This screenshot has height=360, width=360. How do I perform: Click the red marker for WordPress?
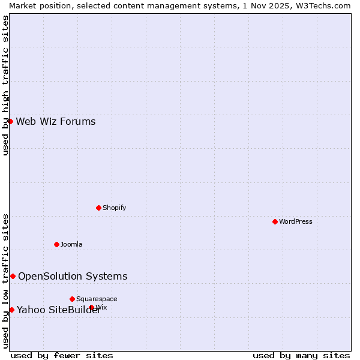coord(275,221)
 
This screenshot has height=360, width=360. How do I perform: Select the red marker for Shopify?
coord(98,208)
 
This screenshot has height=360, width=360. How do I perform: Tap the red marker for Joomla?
coord(56,244)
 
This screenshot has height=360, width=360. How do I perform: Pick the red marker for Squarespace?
coord(72,299)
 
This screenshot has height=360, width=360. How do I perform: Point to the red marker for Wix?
coord(92,307)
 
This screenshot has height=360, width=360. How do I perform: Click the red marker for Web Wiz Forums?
coord(10,121)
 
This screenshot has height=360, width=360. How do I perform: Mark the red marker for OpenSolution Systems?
coord(13,276)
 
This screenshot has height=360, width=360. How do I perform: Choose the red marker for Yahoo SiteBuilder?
coord(11,310)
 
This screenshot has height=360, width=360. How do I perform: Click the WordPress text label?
coord(296,221)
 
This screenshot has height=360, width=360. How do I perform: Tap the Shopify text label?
coord(114,208)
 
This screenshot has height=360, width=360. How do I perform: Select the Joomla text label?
coord(71,244)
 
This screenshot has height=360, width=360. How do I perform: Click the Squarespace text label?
coord(97,299)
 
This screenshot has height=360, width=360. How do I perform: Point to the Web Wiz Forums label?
coord(56,122)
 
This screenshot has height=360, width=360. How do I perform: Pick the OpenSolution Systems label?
coord(73,276)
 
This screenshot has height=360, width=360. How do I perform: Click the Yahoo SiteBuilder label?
coord(58,310)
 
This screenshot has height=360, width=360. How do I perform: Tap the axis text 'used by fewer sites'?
coord(62,355)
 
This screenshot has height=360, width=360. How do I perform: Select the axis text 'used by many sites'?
coord(301,355)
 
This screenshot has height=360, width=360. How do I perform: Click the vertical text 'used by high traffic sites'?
coord(5,85)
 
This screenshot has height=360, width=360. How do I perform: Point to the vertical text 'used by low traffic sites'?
coord(5,281)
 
